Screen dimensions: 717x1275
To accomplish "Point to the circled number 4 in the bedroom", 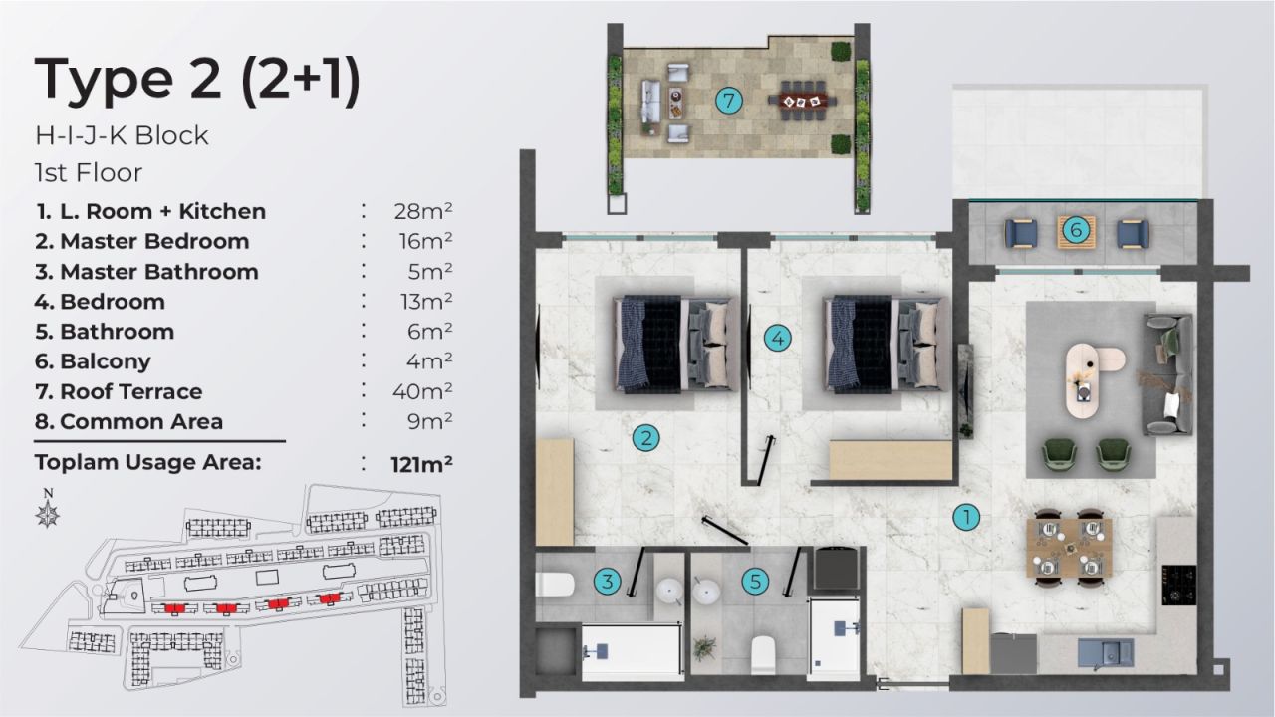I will (778, 339).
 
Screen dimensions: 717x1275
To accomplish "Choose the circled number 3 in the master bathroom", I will (607, 581).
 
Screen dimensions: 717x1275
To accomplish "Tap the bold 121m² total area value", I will (422, 463).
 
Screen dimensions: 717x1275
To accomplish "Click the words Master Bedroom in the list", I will (154, 241).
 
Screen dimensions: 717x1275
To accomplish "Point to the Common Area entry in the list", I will (141, 421).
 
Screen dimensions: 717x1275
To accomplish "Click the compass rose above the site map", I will (47, 513).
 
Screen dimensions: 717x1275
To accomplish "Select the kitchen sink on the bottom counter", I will (1107, 653).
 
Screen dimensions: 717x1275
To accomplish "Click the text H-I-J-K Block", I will (122, 135).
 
